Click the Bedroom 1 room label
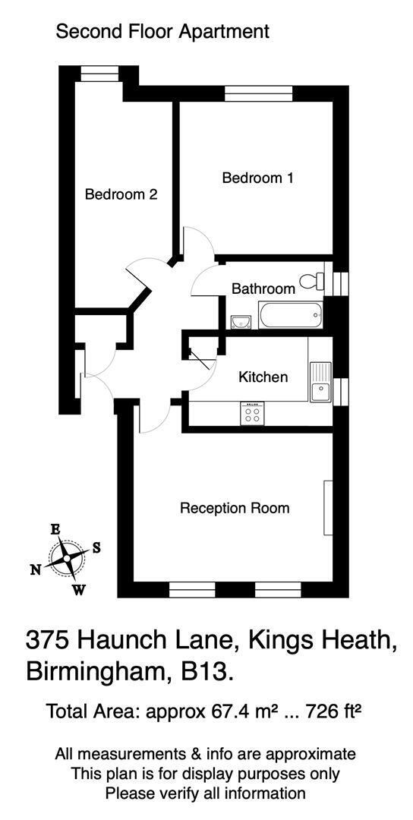pos(257,178)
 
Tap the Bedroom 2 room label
pos(121,194)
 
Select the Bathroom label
pos(263,289)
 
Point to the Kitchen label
pos(263,377)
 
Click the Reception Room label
pos(235,508)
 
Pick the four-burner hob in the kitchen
pos(253,413)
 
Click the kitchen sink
pos(320,382)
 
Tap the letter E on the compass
pos(55,530)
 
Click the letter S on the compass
pos(96,547)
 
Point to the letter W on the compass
pos(79,590)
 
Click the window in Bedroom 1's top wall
pos(258,93)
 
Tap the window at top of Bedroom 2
pos(99,74)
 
